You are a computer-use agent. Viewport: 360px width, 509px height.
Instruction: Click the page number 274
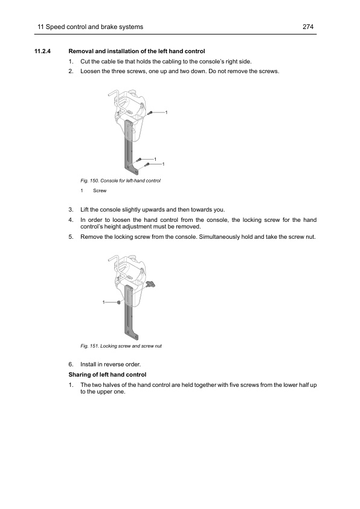(308, 27)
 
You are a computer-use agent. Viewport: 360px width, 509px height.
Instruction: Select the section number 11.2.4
(42, 51)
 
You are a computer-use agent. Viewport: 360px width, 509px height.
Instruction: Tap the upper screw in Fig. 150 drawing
(150, 113)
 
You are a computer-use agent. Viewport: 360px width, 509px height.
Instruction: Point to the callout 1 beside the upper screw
(166, 112)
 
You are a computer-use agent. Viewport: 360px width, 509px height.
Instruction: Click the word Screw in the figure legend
(100, 190)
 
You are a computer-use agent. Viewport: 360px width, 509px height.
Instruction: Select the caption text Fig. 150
(89, 181)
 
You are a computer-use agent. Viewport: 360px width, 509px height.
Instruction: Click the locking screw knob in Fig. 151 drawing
(151, 284)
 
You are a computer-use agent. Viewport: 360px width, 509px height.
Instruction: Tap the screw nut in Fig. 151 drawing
(119, 302)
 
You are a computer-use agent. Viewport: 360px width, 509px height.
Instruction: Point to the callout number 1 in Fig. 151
(103, 302)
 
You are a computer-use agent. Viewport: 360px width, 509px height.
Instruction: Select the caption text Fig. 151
(89, 346)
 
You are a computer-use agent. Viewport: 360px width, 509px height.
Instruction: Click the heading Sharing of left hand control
(108, 375)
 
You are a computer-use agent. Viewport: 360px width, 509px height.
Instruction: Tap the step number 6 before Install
(71, 365)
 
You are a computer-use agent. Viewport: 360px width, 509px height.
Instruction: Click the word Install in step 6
(88, 365)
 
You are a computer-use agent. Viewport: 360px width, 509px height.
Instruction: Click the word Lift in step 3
(85, 210)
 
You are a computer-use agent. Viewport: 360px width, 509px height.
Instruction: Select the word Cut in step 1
(85, 61)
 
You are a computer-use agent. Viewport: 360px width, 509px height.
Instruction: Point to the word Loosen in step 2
(90, 71)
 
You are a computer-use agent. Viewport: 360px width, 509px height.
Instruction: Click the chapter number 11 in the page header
(40, 27)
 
